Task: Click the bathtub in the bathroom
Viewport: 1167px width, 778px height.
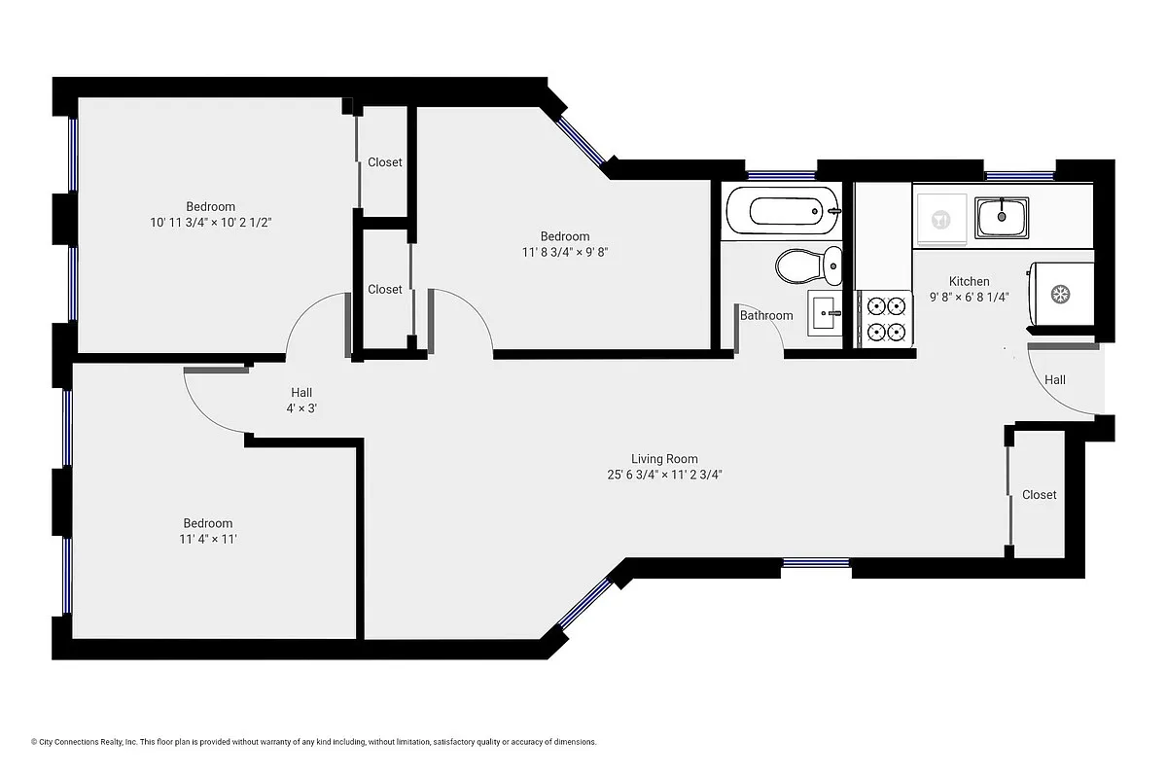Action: [x=781, y=210]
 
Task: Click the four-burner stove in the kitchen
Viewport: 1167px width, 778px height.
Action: [x=886, y=320]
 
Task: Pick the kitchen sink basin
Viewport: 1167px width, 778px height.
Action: [x=1003, y=217]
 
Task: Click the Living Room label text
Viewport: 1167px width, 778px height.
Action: [x=664, y=459]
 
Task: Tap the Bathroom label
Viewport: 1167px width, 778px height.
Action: [x=766, y=315]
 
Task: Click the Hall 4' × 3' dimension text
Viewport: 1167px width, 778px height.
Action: [x=301, y=408]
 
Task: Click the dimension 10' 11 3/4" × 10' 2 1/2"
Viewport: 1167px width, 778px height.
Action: [x=210, y=222]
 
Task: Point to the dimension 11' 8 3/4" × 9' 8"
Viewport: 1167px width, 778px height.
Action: [x=565, y=252]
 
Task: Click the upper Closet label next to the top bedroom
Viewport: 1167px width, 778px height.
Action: [x=385, y=162]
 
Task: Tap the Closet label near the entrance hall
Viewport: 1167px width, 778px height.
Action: [x=1039, y=495]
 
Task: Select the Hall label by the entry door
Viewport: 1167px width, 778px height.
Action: [x=1055, y=379]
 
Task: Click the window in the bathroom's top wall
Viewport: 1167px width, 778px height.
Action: [x=781, y=175]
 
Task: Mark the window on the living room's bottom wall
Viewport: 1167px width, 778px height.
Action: [x=816, y=562]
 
